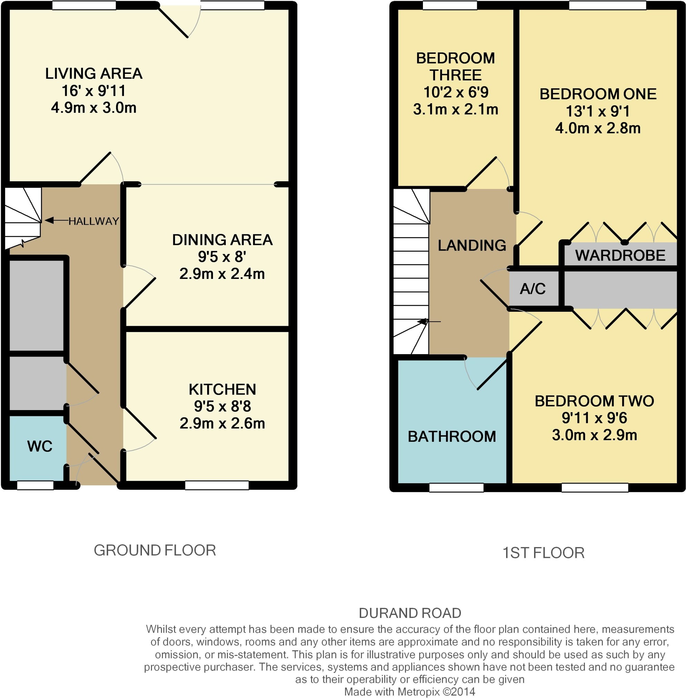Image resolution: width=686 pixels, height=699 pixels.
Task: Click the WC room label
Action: pyautogui.click(x=40, y=446)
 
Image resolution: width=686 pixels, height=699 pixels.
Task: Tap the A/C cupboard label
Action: pyautogui.click(x=532, y=289)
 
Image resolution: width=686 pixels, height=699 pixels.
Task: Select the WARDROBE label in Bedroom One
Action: pyautogui.click(x=620, y=255)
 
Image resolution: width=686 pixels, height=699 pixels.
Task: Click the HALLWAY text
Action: pyautogui.click(x=94, y=221)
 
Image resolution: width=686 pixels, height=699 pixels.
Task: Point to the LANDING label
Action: pyautogui.click(x=472, y=245)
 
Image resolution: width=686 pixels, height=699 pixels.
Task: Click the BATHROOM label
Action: pyautogui.click(x=452, y=437)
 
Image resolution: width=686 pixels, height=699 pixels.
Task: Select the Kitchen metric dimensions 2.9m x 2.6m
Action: pyautogui.click(x=222, y=423)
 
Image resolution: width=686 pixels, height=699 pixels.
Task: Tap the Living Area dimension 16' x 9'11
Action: pyautogui.click(x=94, y=91)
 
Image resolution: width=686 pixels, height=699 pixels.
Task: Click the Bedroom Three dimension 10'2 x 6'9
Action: pyautogui.click(x=456, y=92)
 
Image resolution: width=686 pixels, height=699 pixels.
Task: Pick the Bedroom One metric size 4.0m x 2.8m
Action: pyautogui.click(x=598, y=128)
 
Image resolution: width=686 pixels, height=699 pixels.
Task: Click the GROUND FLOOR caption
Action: pyautogui.click(x=155, y=551)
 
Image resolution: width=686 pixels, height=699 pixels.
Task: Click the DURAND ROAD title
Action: pyautogui.click(x=410, y=613)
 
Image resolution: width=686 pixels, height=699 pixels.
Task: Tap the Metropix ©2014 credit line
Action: pyautogui.click(x=410, y=692)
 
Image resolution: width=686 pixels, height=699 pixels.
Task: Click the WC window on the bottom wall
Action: pyautogui.click(x=35, y=485)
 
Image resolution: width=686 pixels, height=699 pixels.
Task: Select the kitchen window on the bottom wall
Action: pyautogui.click(x=216, y=485)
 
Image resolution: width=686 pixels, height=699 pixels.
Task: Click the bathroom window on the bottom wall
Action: pyautogui.click(x=456, y=487)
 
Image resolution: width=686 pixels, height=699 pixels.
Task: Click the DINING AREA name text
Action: pyautogui.click(x=222, y=240)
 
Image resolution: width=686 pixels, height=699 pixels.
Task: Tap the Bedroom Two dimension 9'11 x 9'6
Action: pyautogui.click(x=594, y=418)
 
